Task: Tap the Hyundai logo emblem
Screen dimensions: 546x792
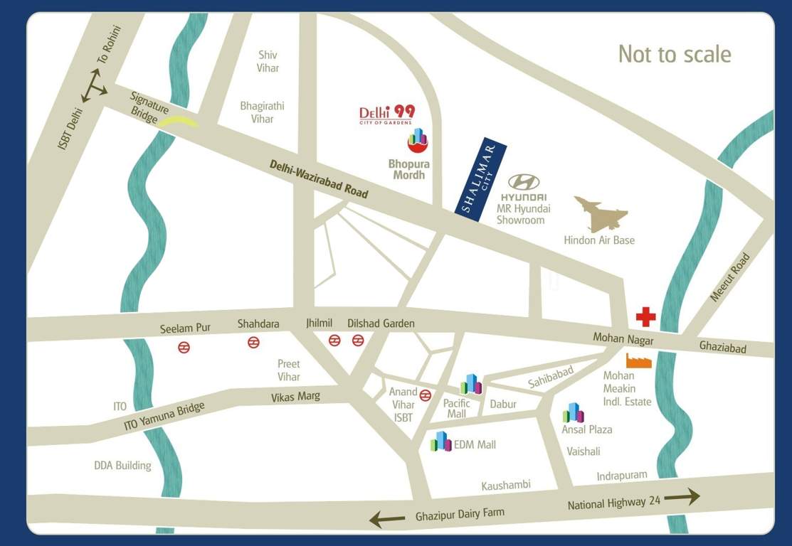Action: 524,183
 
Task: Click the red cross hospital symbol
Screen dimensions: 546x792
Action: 645,316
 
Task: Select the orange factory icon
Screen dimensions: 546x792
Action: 638,360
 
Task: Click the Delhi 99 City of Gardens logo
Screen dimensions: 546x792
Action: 386,114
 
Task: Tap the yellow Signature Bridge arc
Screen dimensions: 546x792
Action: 178,122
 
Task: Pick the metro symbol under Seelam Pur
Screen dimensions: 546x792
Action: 184,348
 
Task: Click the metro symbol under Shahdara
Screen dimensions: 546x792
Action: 253,343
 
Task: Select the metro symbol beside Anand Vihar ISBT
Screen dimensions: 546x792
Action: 426,395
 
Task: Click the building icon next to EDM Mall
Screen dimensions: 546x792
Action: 441,441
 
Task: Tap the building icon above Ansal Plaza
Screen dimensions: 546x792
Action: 573,412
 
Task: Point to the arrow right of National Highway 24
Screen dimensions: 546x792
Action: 682,497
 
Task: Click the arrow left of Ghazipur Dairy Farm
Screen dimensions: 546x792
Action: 389,520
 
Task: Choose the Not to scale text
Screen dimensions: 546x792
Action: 674,54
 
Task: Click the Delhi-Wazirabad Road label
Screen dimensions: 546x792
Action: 318,179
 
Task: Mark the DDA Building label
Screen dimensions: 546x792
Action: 122,466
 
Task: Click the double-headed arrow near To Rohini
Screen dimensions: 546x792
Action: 94,85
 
